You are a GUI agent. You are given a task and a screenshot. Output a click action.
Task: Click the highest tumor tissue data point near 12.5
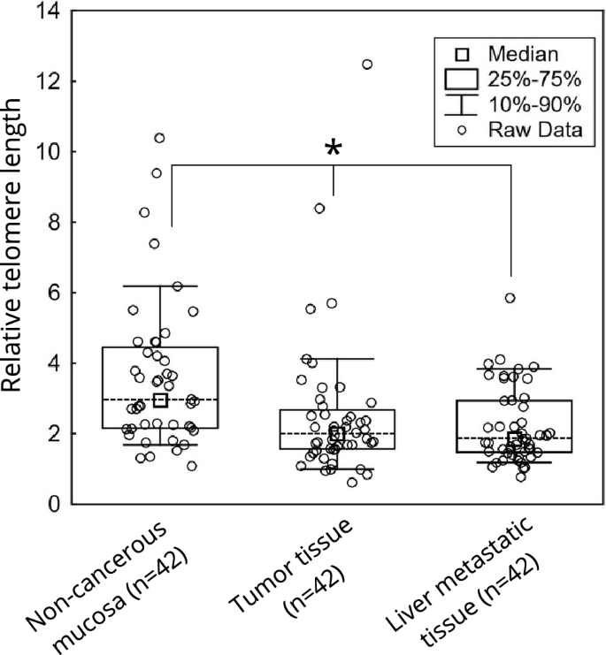tap(367, 65)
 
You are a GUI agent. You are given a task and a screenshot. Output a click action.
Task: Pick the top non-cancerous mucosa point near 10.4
tap(159, 138)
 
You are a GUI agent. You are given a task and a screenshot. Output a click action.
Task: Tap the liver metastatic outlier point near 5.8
tap(510, 298)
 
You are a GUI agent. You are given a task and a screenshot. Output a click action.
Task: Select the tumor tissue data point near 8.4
tap(319, 209)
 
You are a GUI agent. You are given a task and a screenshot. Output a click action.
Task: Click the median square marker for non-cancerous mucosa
tap(160, 400)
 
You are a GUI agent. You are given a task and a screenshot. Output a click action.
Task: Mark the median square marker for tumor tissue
tap(336, 434)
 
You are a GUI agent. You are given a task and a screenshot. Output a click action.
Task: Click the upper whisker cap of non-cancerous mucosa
tap(160, 286)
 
